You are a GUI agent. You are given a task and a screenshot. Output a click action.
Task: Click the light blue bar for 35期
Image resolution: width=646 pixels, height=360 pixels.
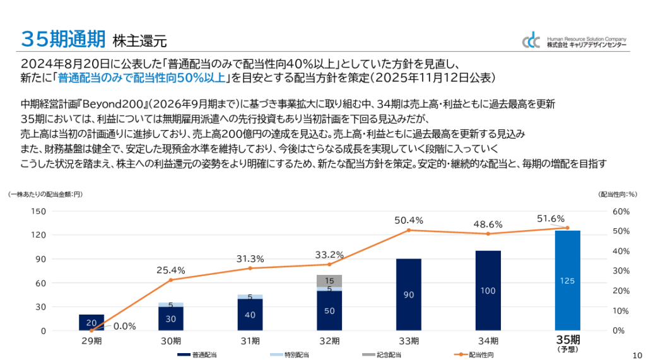(x=567, y=281)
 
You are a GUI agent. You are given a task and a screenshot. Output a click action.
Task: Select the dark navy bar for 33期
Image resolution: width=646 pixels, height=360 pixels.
(x=409, y=294)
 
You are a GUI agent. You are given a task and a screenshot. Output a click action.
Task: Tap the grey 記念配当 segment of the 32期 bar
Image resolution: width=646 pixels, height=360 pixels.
(x=329, y=281)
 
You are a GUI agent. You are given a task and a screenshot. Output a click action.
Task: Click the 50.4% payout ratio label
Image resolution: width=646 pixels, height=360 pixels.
(x=408, y=220)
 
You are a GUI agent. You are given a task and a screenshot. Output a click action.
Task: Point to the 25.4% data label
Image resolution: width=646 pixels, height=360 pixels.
(x=170, y=270)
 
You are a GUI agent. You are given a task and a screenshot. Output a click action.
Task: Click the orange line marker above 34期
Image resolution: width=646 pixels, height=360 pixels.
(x=488, y=234)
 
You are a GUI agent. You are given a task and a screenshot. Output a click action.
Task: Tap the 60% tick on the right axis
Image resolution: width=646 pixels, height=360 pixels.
(x=621, y=211)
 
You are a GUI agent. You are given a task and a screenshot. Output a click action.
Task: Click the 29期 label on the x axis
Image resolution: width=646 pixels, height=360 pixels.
(x=91, y=341)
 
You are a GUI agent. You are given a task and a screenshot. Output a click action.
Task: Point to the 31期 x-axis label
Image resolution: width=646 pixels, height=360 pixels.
(x=250, y=341)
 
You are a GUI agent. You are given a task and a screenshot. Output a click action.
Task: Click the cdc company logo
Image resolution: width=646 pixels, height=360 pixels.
(x=531, y=41)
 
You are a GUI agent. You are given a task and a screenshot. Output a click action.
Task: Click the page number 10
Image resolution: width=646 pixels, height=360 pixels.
(x=636, y=354)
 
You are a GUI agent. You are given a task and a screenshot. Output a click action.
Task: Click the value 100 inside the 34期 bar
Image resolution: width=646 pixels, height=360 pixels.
(x=488, y=291)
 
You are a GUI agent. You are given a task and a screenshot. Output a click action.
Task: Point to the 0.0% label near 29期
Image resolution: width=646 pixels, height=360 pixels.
(x=124, y=326)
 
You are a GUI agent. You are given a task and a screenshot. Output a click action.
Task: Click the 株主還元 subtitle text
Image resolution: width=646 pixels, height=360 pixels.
(x=139, y=42)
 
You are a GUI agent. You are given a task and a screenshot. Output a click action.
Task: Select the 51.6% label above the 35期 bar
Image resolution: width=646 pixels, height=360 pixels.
(x=551, y=218)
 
